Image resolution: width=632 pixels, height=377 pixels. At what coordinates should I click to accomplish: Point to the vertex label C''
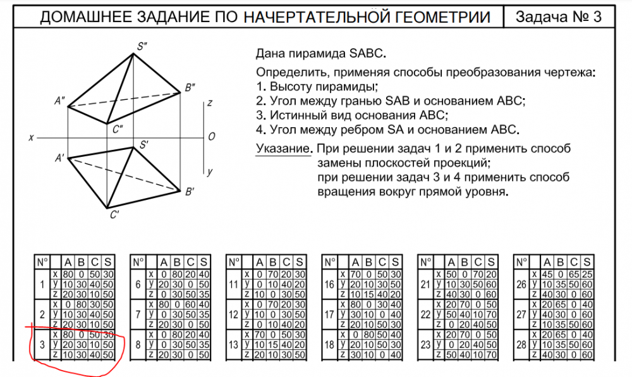click(x=117, y=129)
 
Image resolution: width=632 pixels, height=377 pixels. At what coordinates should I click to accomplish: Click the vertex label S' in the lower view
click(x=144, y=145)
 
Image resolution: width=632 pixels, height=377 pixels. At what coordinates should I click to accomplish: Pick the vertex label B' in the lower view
click(x=189, y=190)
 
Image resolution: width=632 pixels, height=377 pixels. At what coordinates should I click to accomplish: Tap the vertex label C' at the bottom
click(x=114, y=214)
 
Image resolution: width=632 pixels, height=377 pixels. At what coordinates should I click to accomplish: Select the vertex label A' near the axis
click(x=61, y=158)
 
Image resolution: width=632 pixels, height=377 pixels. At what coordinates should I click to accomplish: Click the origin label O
click(x=212, y=137)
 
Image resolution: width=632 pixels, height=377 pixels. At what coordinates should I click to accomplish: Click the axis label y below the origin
click(x=210, y=171)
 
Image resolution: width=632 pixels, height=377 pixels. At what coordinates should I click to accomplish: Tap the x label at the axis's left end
click(x=31, y=137)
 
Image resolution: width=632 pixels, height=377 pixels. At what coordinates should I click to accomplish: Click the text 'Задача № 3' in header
click(x=558, y=17)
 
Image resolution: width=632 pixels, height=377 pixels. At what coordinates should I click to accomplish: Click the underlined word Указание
click(x=283, y=150)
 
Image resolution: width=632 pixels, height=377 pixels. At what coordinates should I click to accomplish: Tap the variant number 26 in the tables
click(x=521, y=285)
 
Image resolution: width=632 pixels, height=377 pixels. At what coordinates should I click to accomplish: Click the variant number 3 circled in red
click(x=41, y=344)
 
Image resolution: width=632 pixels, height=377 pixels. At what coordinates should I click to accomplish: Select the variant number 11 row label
click(x=233, y=285)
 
